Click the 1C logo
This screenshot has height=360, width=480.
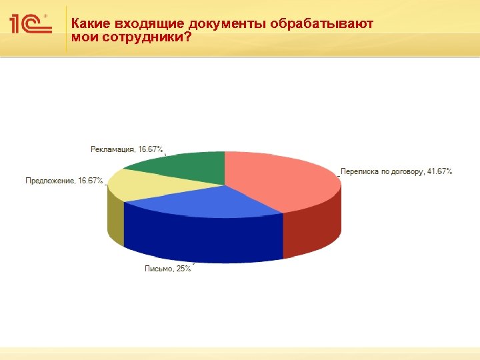point(31,25)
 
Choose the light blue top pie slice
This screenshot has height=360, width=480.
point(200,200)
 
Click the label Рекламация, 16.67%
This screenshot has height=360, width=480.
point(127,148)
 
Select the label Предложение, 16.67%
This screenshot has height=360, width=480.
point(64,180)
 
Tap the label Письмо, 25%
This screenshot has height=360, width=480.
point(168,269)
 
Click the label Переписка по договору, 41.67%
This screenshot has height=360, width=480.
point(397,171)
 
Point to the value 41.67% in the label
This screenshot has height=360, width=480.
point(439,171)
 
